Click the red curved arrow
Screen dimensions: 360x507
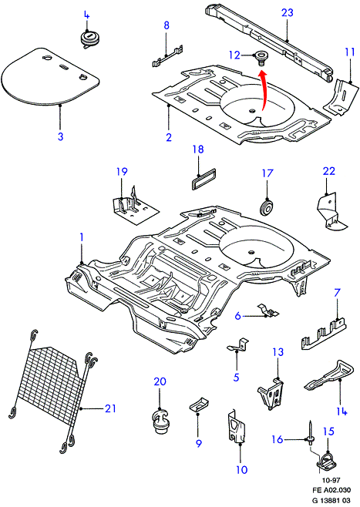pyautogui.click(x=265, y=92)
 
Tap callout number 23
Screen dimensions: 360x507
pyautogui.click(x=288, y=12)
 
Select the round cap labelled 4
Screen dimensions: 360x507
pyautogui.click(x=90, y=39)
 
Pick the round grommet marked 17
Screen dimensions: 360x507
pyautogui.click(x=267, y=207)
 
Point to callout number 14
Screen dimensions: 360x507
pyautogui.click(x=341, y=411)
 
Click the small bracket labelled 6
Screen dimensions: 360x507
pyautogui.click(x=268, y=310)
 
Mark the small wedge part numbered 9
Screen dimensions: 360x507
pyautogui.click(x=198, y=405)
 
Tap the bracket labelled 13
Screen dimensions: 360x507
pyautogui.click(x=271, y=393)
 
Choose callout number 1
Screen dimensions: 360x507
pyautogui.click(x=82, y=237)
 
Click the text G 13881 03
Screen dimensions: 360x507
pyautogui.click(x=331, y=500)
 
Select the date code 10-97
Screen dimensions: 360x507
pyautogui.click(x=331, y=480)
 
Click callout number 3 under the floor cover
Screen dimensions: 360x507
pyautogui.click(x=60, y=136)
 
